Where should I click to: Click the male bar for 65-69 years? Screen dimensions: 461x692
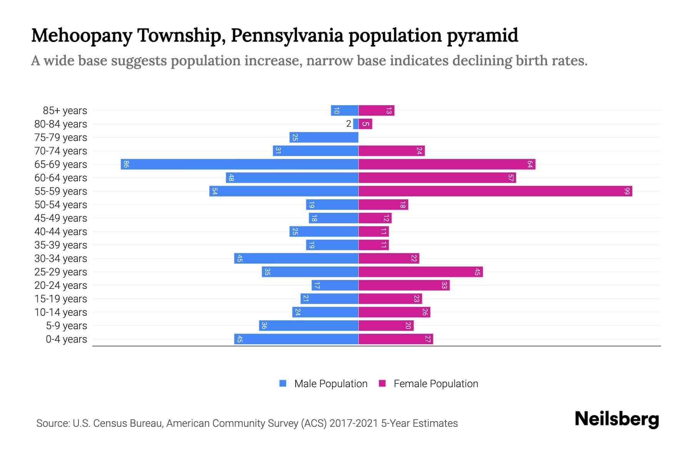240,164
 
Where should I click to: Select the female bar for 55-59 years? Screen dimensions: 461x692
495,191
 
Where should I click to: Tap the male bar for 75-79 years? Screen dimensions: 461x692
324,138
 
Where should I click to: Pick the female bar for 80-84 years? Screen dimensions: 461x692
365,124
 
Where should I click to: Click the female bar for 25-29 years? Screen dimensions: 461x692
421,272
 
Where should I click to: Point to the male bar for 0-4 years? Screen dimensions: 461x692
296,339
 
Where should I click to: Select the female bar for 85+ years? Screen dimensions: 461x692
376,111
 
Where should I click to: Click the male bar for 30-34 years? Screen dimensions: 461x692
296,259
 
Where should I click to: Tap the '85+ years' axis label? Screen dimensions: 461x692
65,111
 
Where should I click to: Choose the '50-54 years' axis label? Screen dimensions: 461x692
61,205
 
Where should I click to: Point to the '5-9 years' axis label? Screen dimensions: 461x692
67,326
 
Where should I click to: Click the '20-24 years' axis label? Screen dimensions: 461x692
61,285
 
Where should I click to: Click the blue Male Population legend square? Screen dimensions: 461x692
283,383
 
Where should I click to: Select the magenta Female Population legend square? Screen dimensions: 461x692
382,383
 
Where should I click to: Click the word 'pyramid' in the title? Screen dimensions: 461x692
482,36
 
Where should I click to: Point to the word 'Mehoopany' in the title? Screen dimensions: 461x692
82,36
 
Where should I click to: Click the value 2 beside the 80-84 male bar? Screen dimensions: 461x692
349,124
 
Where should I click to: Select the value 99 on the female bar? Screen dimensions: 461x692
627,191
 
